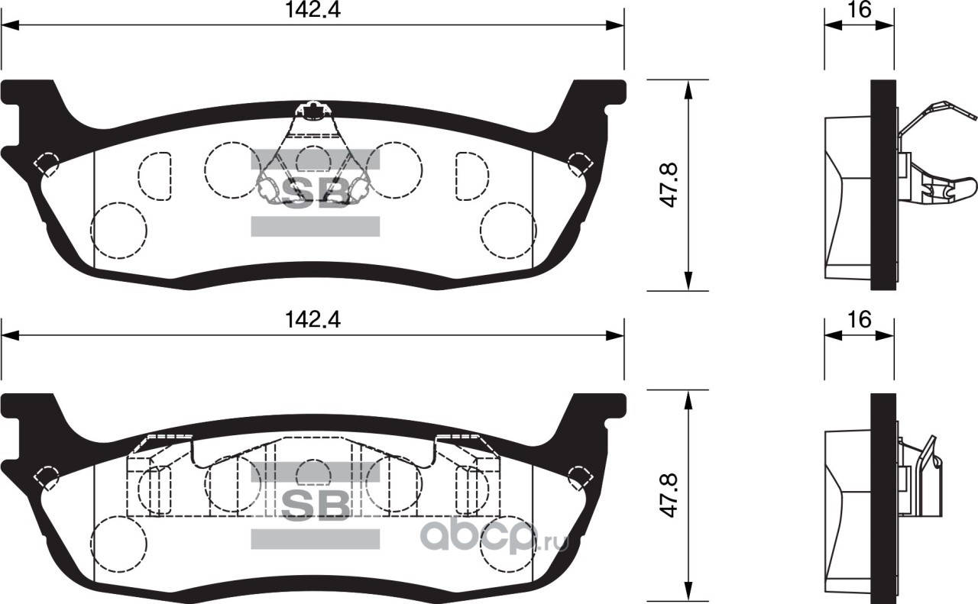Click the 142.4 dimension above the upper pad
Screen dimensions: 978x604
313,11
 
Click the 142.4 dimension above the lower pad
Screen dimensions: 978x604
313,320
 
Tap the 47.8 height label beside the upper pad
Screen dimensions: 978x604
668,185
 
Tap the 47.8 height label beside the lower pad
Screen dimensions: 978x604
668,496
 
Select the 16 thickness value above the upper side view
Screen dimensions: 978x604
859,10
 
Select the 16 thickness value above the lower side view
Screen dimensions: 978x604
859,319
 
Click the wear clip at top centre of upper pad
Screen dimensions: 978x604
311,111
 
